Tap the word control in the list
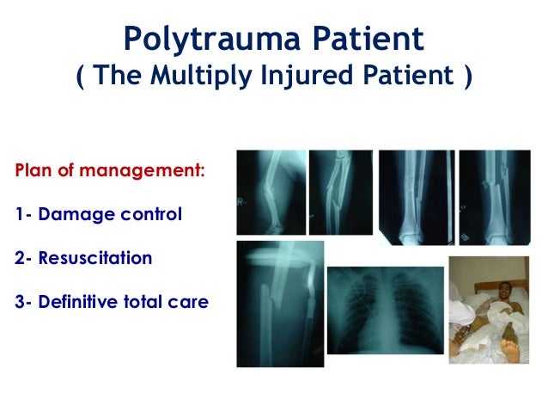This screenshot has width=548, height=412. pyautogui.click(x=147, y=213)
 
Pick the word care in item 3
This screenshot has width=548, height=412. pyautogui.click(x=189, y=303)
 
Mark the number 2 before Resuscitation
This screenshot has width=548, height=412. pyautogui.click(x=19, y=258)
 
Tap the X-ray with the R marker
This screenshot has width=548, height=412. pyautogui.click(x=271, y=192)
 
